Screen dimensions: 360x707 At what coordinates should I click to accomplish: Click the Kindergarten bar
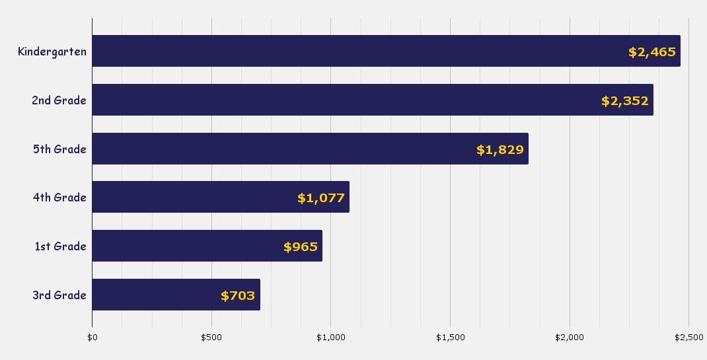[x=386, y=51]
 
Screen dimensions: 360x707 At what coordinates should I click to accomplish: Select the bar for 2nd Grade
[x=373, y=100]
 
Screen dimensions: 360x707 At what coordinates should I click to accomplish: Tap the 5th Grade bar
[x=310, y=149]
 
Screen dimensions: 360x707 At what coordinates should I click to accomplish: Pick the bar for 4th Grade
[x=221, y=197]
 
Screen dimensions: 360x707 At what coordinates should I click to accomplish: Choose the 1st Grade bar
[x=207, y=246]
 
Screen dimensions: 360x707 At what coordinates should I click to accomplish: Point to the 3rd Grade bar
[x=176, y=295]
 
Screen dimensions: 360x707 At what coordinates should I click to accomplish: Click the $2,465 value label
[x=652, y=52]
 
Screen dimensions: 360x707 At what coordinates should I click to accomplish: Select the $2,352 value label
[x=625, y=101]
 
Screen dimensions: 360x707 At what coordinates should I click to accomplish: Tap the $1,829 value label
[x=500, y=150]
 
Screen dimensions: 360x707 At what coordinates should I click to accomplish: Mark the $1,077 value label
[x=321, y=198]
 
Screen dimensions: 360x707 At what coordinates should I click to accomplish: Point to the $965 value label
[x=301, y=247]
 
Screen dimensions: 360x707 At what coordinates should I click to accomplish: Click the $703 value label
[x=238, y=296]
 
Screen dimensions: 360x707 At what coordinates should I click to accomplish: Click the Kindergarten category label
[x=52, y=51]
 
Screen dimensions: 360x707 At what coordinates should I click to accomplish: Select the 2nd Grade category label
[x=59, y=100]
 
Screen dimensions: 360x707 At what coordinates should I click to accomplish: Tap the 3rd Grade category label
[x=59, y=295]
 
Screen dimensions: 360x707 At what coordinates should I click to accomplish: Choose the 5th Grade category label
[x=59, y=149]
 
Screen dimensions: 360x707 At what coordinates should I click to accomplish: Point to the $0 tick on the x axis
[x=92, y=338]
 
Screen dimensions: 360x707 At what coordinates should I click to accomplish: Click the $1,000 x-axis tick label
[x=331, y=338]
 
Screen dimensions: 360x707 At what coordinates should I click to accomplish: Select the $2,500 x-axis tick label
[x=689, y=338]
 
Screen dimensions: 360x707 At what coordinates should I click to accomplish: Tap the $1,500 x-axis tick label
[x=451, y=338]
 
